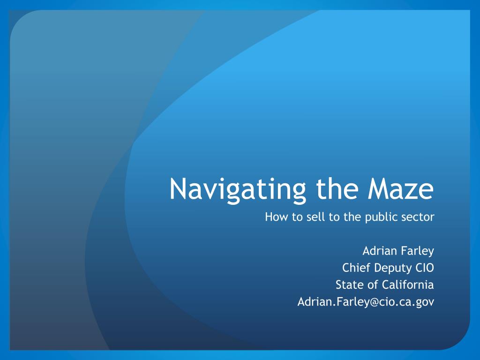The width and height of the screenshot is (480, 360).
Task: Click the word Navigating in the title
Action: (238, 190)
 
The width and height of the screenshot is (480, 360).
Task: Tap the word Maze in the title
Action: (401, 188)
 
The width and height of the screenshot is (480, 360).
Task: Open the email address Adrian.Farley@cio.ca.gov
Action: (366, 302)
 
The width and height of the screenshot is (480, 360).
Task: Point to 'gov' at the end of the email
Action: (425, 303)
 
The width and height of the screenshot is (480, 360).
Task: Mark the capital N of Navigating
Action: (178, 188)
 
